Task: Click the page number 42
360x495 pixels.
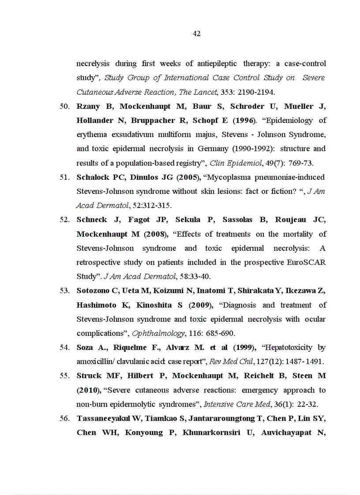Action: click(197, 34)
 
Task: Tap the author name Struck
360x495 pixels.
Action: click(89, 376)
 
